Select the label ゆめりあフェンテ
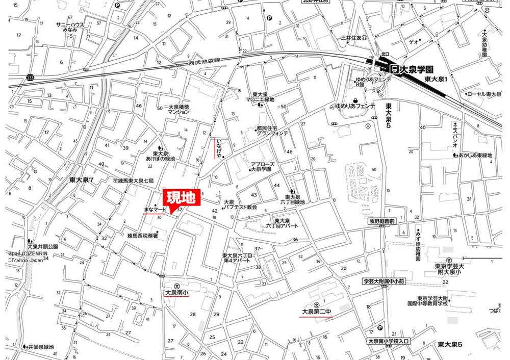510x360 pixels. (355, 106)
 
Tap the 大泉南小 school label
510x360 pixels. (176, 293)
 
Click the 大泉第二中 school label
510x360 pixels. (315, 311)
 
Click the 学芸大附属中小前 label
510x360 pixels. (384, 281)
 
